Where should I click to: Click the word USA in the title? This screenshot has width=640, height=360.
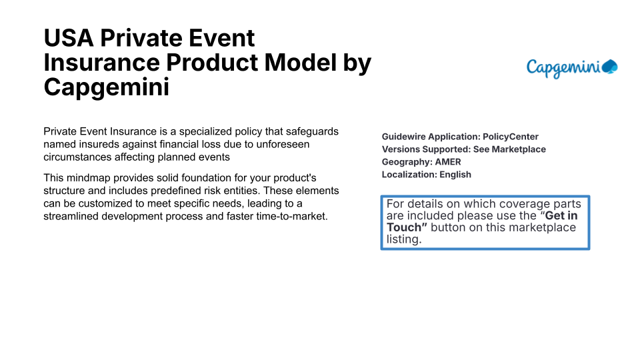(x=69, y=38)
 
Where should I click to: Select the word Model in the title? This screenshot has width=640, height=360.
(x=301, y=63)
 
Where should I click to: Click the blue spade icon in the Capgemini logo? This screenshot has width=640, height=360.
(x=610, y=67)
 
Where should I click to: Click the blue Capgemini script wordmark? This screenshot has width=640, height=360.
(x=563, y=68)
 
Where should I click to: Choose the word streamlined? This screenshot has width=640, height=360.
(x=70, y=216)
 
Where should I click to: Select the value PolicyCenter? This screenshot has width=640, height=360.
(x=511, y=137)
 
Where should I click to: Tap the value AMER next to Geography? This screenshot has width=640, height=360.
(x=448, y=162)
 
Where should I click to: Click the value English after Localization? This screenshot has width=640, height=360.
(x=455, y=175)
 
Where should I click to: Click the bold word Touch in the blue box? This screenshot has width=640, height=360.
(x=404, y=227)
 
